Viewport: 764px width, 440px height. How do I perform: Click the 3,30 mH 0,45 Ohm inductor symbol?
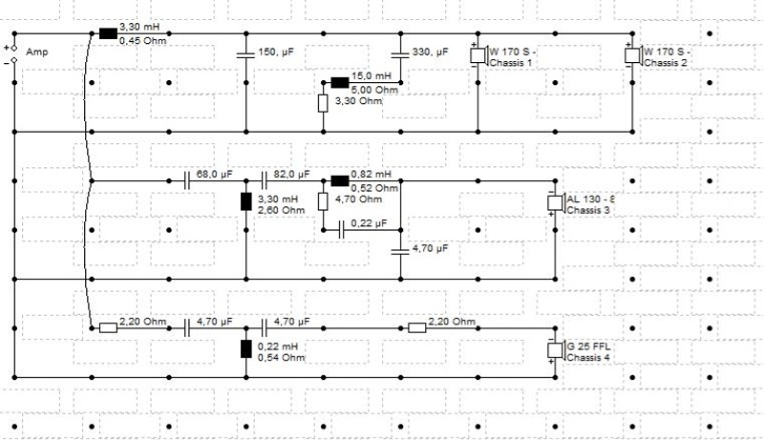point(108,33)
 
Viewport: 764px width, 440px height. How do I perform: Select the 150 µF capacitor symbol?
point(246,54)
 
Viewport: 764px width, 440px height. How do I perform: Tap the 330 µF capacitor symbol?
point(400,54)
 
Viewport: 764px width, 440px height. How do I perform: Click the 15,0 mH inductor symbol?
point(340,83)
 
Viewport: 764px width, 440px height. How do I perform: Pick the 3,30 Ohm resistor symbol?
point(323,104)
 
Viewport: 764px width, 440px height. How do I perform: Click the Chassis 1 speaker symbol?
point(479,55)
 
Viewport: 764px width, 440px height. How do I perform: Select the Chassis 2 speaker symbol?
point(633,55)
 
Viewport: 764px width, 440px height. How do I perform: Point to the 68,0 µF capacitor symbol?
point(186,181)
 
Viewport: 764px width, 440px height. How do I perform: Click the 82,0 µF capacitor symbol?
point(265,181)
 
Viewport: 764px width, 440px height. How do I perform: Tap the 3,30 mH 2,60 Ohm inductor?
point(246,201)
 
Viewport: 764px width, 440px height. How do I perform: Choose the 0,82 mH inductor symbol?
point(340,181)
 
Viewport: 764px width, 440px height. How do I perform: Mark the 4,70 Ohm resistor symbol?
point(323,201)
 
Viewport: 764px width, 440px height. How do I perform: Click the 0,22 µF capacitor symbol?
point(341,230)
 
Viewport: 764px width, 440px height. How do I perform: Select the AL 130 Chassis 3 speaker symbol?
point(556,202)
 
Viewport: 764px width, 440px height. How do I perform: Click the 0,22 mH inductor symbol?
point(246,349)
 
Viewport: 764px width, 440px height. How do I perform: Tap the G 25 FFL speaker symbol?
point(556,350)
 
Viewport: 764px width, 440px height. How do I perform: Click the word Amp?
point(37,52)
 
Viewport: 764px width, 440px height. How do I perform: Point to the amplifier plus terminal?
point(14,48)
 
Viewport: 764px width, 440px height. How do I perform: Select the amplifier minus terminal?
point(14,60)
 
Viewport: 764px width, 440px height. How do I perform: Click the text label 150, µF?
point(276,52)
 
